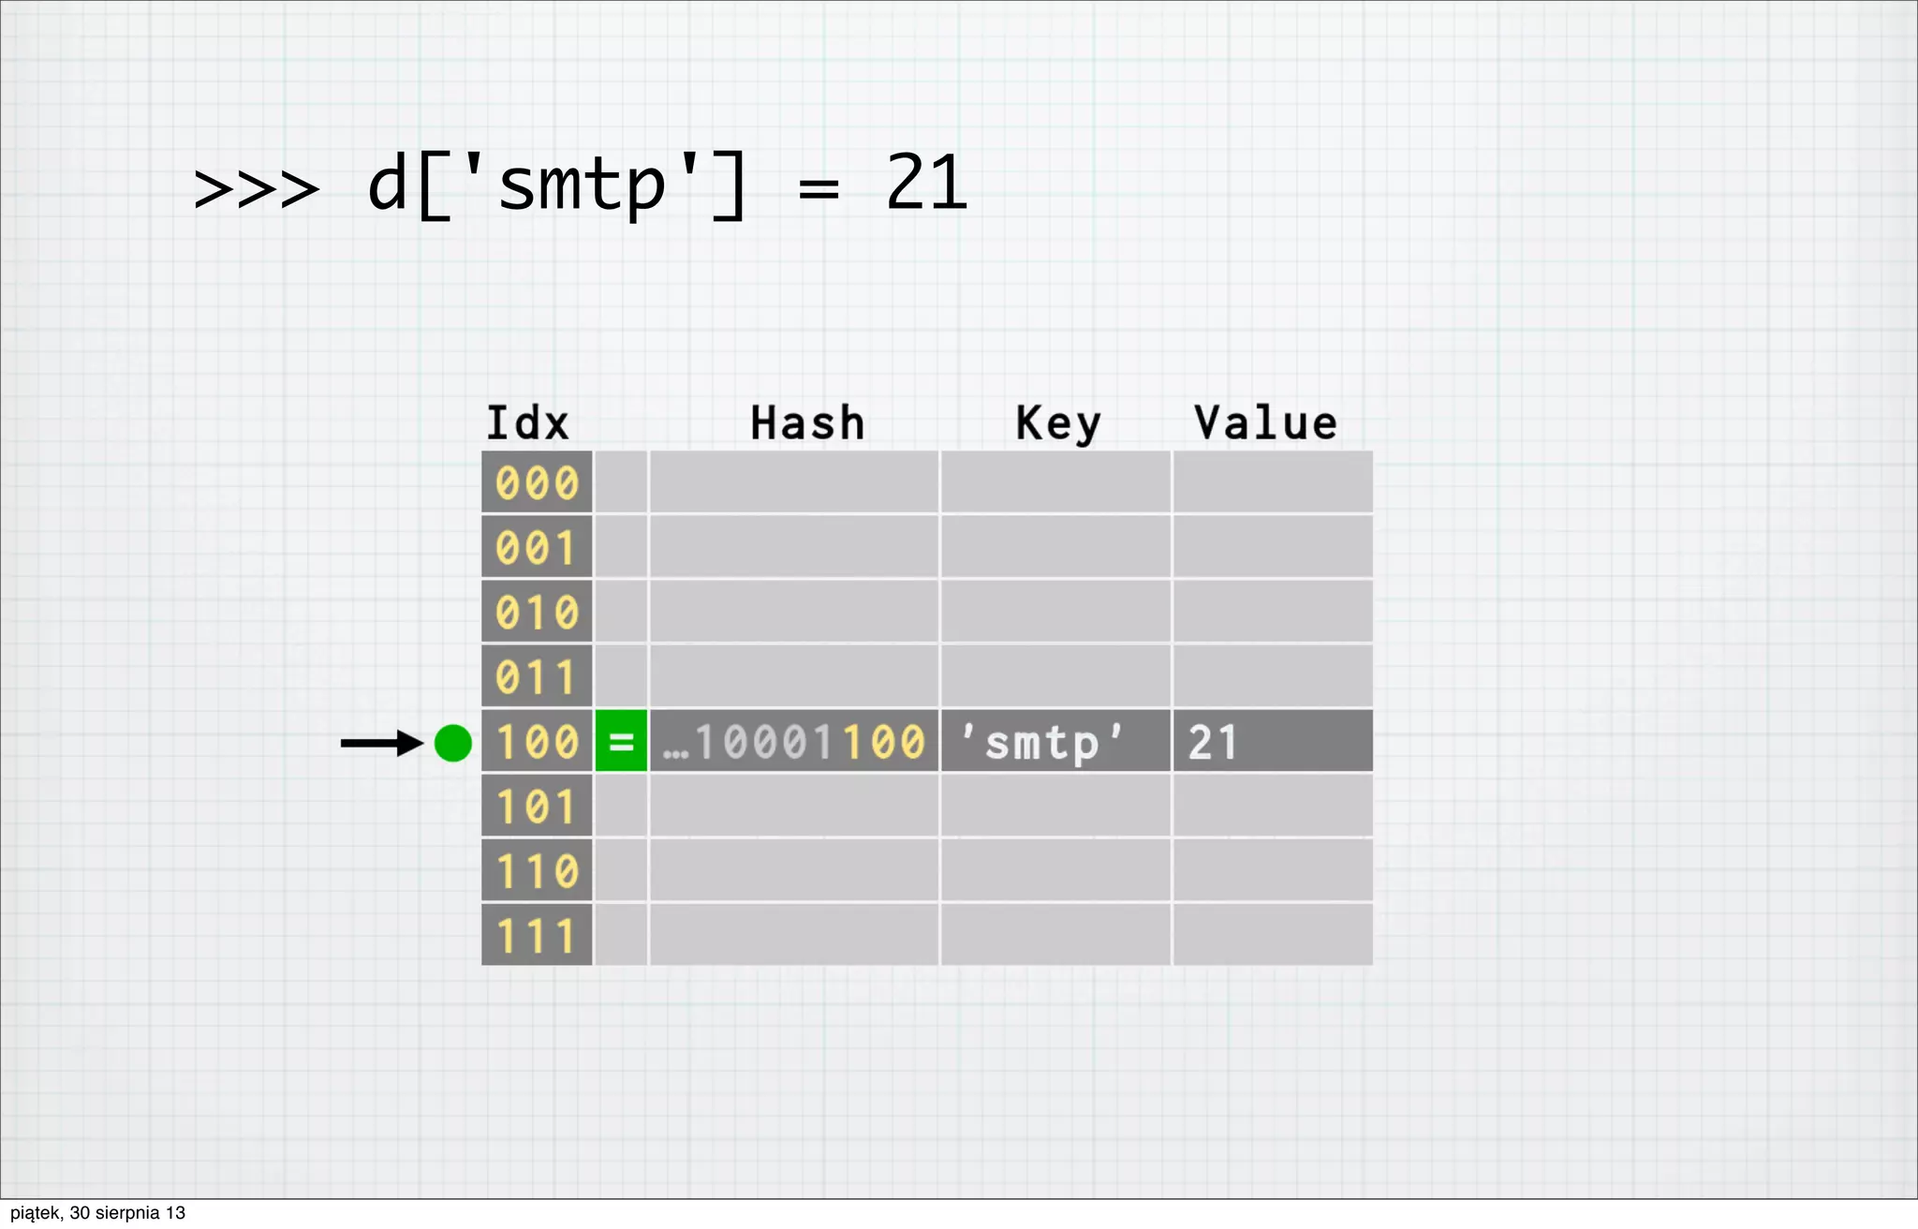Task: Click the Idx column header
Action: pos(527,423)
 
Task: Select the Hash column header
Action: pos(807,423)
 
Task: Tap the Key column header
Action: pos(1058,423)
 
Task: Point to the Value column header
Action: pos(1265,423)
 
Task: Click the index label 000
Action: pos(537,483)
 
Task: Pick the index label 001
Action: pos(537,548)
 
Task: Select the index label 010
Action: pos(537,613)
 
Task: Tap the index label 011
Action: pos(537,677)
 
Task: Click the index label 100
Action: pos(537,742)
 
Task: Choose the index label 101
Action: pos(537,807)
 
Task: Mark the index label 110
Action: pos(537,871)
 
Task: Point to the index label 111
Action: pos(537,936)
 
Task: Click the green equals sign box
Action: pos(621,742)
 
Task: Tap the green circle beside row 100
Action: pos(453,743)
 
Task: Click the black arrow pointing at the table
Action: pos(381,743)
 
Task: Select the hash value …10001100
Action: pos(794,742)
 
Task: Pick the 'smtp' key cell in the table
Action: pos(1042,743)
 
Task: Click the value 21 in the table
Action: pos(1213,743)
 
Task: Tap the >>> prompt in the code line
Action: pos(256,188)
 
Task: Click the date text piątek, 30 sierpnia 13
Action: pos(98,1213)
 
